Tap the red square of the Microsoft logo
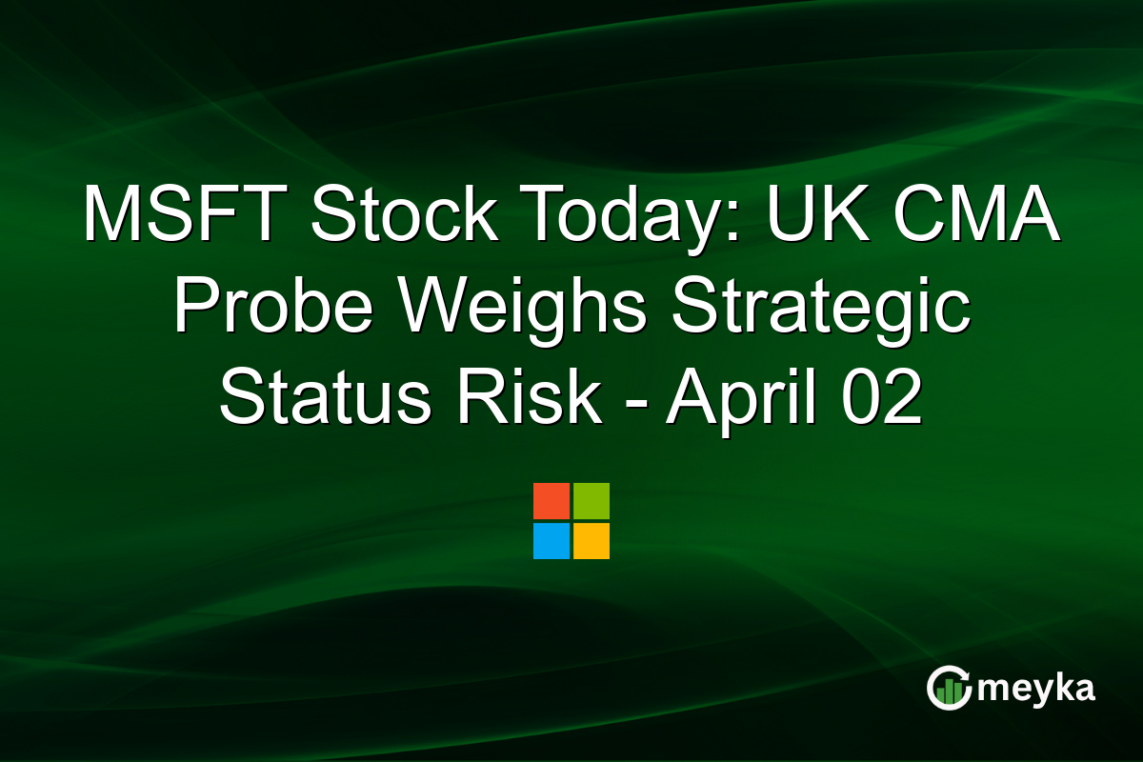tap(551, 501)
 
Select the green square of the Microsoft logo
tap(592, 501)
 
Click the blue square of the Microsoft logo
tap(551, 541)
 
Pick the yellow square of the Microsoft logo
tap(592, 541)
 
